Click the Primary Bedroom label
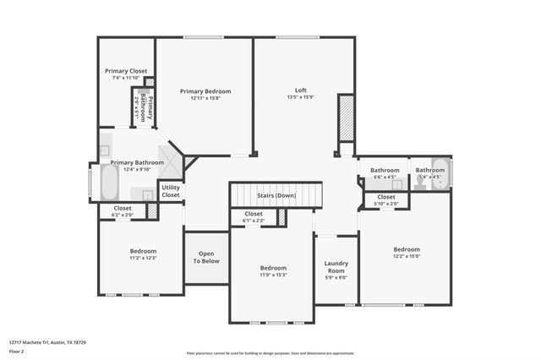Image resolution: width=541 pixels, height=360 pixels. tap(205, 91)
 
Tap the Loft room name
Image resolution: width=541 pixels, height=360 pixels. tap(300, 90)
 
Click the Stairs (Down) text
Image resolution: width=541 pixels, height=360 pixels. tap(276, 196)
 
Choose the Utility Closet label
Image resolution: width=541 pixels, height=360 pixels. tap(170, 191)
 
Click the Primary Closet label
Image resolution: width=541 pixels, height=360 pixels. tap(126, 71)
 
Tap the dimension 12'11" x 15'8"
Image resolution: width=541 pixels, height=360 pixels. tap(205, 98)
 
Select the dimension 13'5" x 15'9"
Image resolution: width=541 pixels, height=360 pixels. tap(300, 97)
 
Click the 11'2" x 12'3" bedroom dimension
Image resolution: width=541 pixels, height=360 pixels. tap(142, 258)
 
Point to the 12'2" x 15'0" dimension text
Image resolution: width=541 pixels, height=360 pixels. tap(406, 256)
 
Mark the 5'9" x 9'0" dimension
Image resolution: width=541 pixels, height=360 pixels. tap(336, 277)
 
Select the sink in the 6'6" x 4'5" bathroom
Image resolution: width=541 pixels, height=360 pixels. tap(396, 184)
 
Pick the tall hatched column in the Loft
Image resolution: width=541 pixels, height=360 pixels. tap(345, 118)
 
